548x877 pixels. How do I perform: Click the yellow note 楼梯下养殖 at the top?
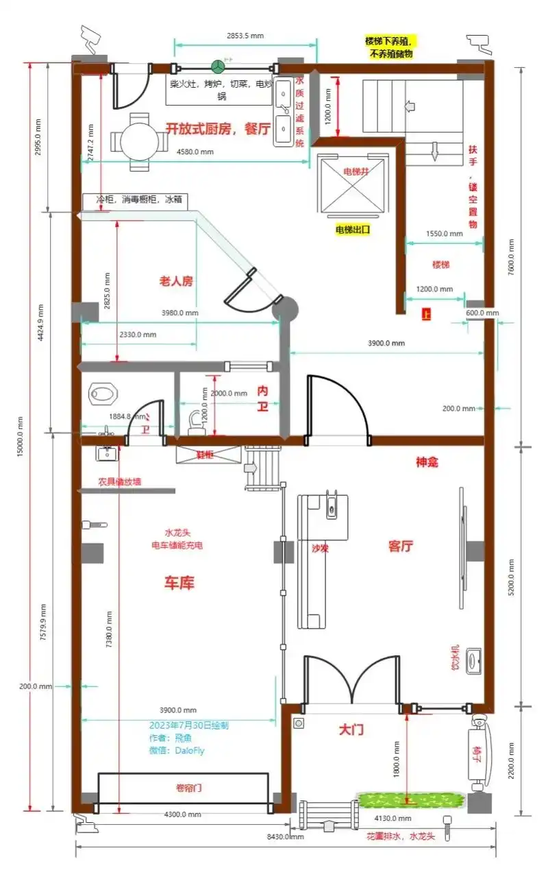tap(391, 47)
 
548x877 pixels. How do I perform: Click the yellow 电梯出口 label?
tap(353, 230)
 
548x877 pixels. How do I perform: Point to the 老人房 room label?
tap(176, 280)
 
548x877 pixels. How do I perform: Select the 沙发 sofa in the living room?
tap(320, 559)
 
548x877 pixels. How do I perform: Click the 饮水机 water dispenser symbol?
tap(473, 659)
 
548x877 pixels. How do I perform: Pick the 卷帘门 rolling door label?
tap(184, 789)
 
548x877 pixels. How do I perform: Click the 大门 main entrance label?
tap(351, 730)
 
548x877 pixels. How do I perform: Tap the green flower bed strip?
tap(410, 800)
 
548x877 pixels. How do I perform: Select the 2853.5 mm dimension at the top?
tap(245, 36)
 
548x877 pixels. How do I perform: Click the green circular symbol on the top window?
tap(219, 67)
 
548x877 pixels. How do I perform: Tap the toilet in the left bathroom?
tap(103, 394)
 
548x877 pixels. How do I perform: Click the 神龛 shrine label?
tap(427, 462)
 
